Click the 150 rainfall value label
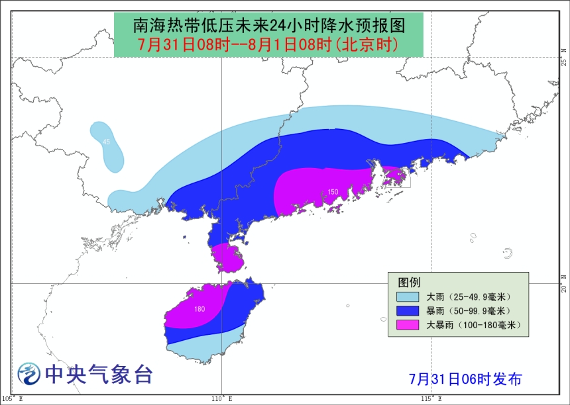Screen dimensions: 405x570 coord(333,192)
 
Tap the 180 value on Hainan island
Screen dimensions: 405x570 coord(199,309)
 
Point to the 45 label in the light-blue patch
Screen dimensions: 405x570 coord(106,142)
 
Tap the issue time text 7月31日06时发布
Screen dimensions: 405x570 coord(465,379)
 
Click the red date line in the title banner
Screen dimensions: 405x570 coord(268,45)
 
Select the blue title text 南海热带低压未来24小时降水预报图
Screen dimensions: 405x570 coord(268,25)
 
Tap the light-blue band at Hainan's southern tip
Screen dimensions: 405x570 coord(205,348)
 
